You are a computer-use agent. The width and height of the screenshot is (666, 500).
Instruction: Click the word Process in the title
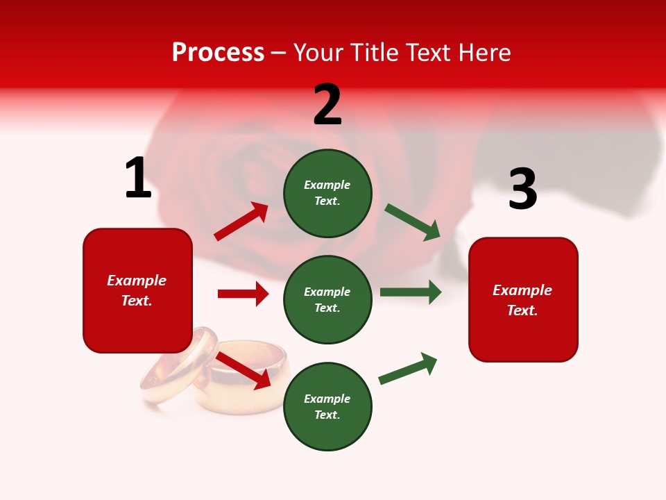pyautogui.click(x=218, y=53)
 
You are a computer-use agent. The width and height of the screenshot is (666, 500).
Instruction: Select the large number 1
pyautogui.click(x=138, y=178)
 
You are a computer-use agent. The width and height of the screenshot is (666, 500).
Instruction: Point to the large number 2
pyautogui.click(x=327, y=105)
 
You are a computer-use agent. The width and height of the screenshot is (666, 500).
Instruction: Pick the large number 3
pyautogui.click(x=522, y=190)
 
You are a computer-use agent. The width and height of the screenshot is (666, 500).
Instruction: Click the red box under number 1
pyautogui.click(x=137, y=290)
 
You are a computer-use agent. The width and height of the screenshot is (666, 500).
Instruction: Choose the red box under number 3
pyautogui.click(x=523, y=299)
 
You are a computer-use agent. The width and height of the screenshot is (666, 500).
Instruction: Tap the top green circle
pyautogui.click(x=327, y=192)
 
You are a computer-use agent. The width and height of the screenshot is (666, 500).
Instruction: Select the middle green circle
pyautogui.click(x=327, y=299)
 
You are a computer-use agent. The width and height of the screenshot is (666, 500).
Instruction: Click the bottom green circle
pyautogui.click(x=327, y=406)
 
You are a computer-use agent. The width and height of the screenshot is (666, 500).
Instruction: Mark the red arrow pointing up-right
pyautogui.click(x=241, y=222)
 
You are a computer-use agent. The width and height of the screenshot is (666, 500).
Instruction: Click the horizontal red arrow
pyautogui.click(x=243, y=294)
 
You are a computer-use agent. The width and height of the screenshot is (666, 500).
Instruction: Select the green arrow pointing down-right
pyautogui.click(x=413, y=222)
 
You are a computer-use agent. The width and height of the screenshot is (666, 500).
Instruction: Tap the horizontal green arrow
pyautogui.click(x=411, y=292)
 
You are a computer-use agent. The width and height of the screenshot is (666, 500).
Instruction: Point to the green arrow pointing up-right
pyautogui.click(x=408, y=368)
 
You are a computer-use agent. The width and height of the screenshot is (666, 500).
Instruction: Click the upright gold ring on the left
pyautogui.click(x=179, y=366)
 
